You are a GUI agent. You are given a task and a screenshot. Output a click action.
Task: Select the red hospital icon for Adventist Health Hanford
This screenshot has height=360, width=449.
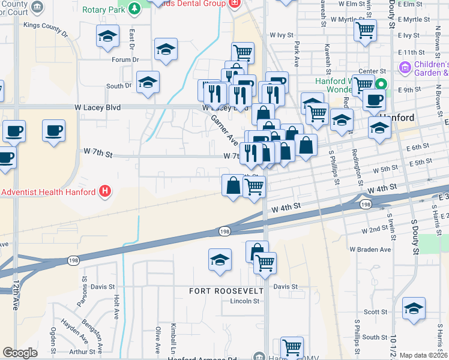click(106, 192)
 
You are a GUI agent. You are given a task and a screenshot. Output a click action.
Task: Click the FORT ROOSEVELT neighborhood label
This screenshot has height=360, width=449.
click(226, 290)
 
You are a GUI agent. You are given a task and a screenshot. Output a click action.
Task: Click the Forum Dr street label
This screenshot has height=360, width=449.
click(125, 60)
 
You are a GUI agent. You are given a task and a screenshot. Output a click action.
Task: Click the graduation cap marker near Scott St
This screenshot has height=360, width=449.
click(414, 309)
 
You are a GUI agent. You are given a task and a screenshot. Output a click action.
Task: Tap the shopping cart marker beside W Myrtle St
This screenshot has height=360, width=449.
click(365, 30)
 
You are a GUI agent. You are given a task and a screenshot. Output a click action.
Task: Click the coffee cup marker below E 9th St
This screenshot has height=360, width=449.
click(374, 100)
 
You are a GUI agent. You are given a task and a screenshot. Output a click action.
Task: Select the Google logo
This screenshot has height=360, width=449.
click(20, 353)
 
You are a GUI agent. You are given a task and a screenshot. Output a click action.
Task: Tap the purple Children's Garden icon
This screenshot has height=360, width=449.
click(404, 67)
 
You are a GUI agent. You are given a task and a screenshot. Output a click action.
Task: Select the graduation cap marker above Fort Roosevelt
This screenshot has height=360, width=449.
click(220, 260)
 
